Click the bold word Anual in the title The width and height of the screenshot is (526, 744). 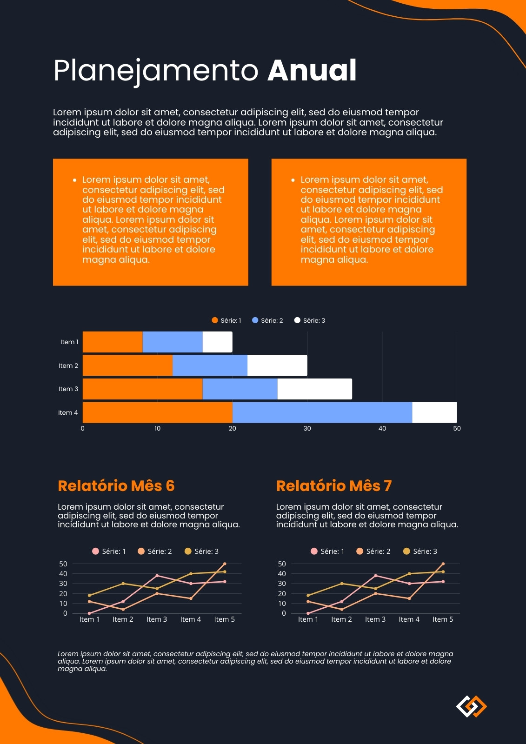tap(312, 70)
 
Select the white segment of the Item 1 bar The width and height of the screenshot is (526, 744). tap(217, 342)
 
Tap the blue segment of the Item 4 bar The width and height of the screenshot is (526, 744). tap(322, 412)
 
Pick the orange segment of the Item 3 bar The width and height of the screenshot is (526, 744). tap(143, 389)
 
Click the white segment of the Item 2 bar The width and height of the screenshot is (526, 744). tap(277, 365)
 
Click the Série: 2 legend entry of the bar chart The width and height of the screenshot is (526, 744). tap(267, 320)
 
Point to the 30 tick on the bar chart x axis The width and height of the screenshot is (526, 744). tap(307, 428)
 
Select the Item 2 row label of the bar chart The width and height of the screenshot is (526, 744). tap(68, 365)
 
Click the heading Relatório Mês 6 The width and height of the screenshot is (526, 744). tap(116, 485)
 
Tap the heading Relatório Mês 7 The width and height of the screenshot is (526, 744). tap(334, 485)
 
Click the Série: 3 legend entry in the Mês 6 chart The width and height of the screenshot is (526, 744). tap(201, 551)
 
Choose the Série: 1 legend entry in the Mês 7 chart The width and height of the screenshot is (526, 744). tap(327, 551)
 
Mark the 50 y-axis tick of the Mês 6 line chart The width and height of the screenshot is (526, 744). tap(63, 564)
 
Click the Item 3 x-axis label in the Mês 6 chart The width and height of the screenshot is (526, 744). tap(157, 619)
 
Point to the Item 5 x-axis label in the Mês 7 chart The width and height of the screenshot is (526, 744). tap(443, 619)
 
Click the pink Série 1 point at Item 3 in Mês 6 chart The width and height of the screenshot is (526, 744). tap(157, 576)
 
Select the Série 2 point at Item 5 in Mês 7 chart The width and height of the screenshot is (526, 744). tap(443, 564)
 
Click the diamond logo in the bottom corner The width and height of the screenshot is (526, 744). tap(471, 706)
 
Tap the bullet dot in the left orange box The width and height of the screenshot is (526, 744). tap(74, 180)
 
